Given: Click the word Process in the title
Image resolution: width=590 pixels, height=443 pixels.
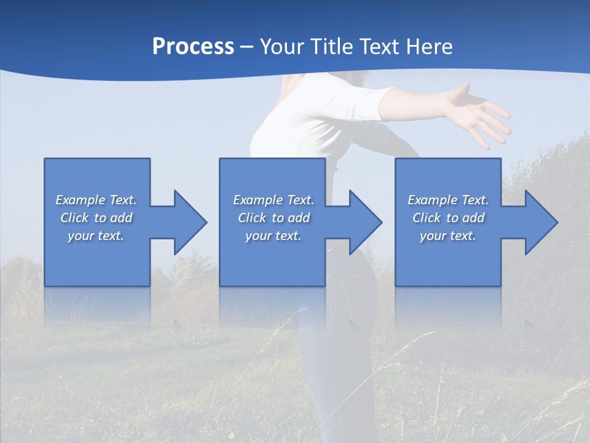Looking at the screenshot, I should pos(193,47).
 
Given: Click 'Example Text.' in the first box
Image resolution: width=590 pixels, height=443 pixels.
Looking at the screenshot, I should pos(96,200).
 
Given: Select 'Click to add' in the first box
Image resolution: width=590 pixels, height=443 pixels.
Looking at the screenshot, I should pos(96,218).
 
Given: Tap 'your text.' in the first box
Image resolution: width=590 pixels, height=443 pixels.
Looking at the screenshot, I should pos(96,236).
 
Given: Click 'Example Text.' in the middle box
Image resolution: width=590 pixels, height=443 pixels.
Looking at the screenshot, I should pos(273,200).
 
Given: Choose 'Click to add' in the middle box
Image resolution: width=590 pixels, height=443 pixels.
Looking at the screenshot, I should pos(273,218).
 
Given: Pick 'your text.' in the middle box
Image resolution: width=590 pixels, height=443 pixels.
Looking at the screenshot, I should pos(273,236).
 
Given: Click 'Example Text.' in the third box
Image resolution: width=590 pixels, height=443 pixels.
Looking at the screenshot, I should pos(448,200).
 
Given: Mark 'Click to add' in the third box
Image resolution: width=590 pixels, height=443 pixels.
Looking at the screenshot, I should pos(448,218).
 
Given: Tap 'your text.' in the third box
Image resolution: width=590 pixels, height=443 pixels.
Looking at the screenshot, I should pos(448,236).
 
